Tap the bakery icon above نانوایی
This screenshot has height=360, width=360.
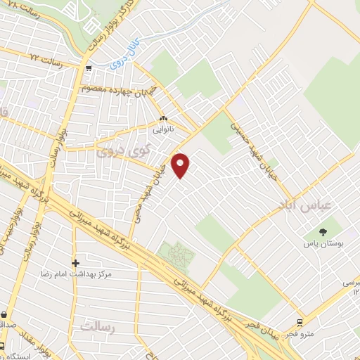(163, 119)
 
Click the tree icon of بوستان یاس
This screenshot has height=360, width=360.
(323, 231)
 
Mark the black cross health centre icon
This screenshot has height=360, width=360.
(75, 263)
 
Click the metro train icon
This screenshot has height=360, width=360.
(301, 323)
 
